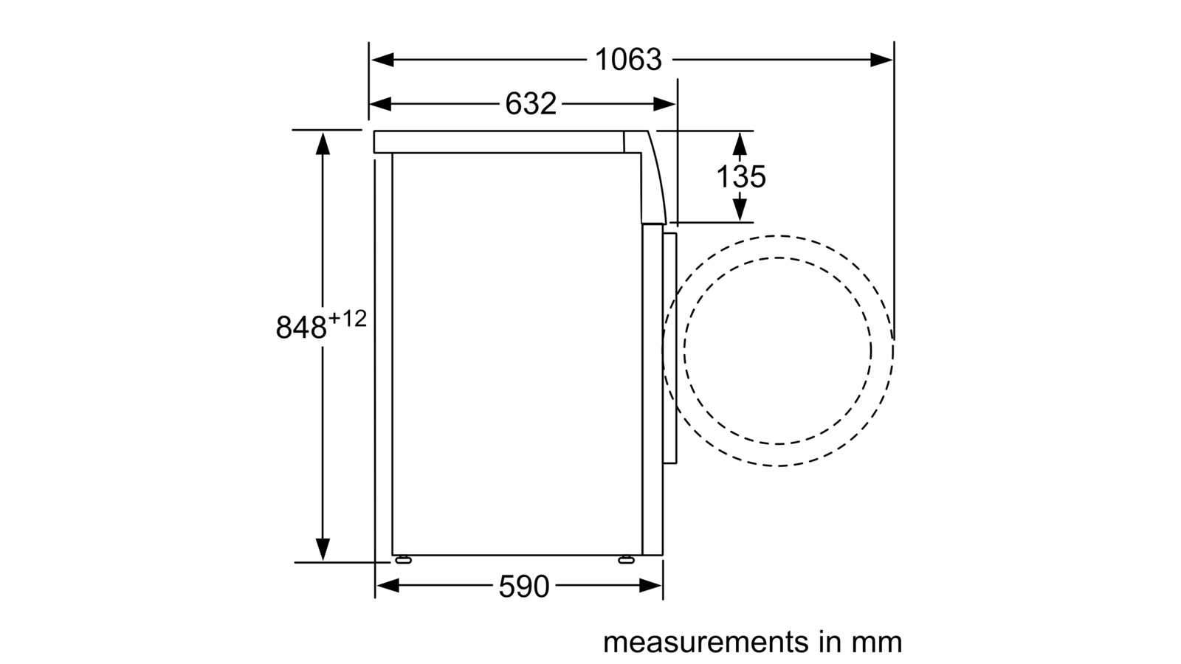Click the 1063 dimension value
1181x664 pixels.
pyautogui.click(x=628, y=60)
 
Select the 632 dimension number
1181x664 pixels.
pyautogui.click(x=531, y=103)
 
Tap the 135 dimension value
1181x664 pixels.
pyautogui.click(x=741, y=176)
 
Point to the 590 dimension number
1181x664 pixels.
pyautogui.click(x=523, y=586)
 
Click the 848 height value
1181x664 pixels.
pyautogui.click(x=301, y=328)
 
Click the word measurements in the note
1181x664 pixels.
pyautogui.click(x=706, y=642)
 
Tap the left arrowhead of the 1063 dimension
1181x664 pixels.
pyautogui.click(x=382, y=60)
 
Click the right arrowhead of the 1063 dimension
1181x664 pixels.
pyautogui.click(x=881, y=60)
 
